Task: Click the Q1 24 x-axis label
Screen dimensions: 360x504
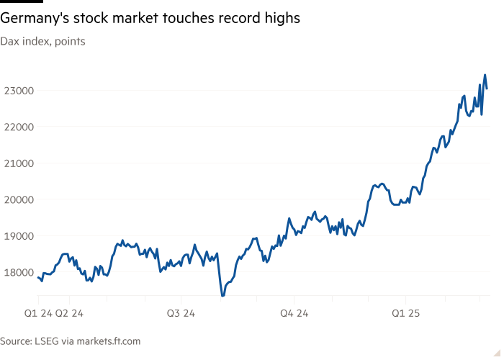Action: coord(37,313)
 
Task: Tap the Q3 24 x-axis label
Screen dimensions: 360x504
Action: coord(181,313)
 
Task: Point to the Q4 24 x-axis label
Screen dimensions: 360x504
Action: coord(294,313)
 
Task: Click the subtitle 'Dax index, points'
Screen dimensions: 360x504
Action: coord(42,42)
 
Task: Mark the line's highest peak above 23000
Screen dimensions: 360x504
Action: coord(485,75)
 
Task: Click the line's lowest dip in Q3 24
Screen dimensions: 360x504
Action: coord(222,295)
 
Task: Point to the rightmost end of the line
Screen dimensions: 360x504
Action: coord(487,89)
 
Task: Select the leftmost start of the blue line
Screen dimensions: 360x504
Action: coord(37,276)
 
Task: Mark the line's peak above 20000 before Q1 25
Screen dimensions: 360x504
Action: coord(381,184)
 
